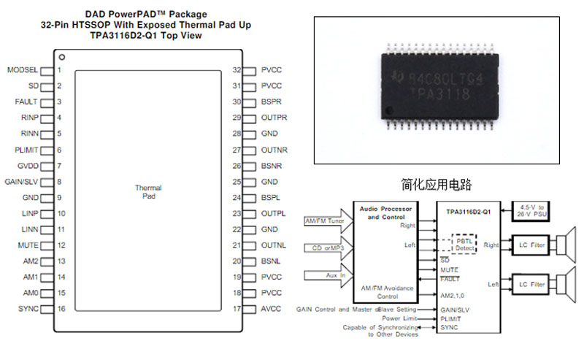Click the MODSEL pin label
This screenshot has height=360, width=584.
22,70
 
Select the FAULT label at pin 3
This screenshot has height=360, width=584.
26,102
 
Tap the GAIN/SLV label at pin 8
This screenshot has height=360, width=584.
22,182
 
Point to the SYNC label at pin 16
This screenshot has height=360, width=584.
28,309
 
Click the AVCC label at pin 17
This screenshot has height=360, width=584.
271,309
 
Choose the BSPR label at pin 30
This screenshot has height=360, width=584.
272,102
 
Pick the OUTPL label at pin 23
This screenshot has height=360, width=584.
274,214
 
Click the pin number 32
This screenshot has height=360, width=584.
237,70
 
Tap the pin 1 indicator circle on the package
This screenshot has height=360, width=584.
63,56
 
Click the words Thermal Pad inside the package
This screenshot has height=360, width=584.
148,192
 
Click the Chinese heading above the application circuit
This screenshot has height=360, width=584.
437,184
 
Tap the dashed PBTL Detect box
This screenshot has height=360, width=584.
464,244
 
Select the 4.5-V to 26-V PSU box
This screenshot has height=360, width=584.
532,211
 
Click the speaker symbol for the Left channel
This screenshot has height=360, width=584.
565,283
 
